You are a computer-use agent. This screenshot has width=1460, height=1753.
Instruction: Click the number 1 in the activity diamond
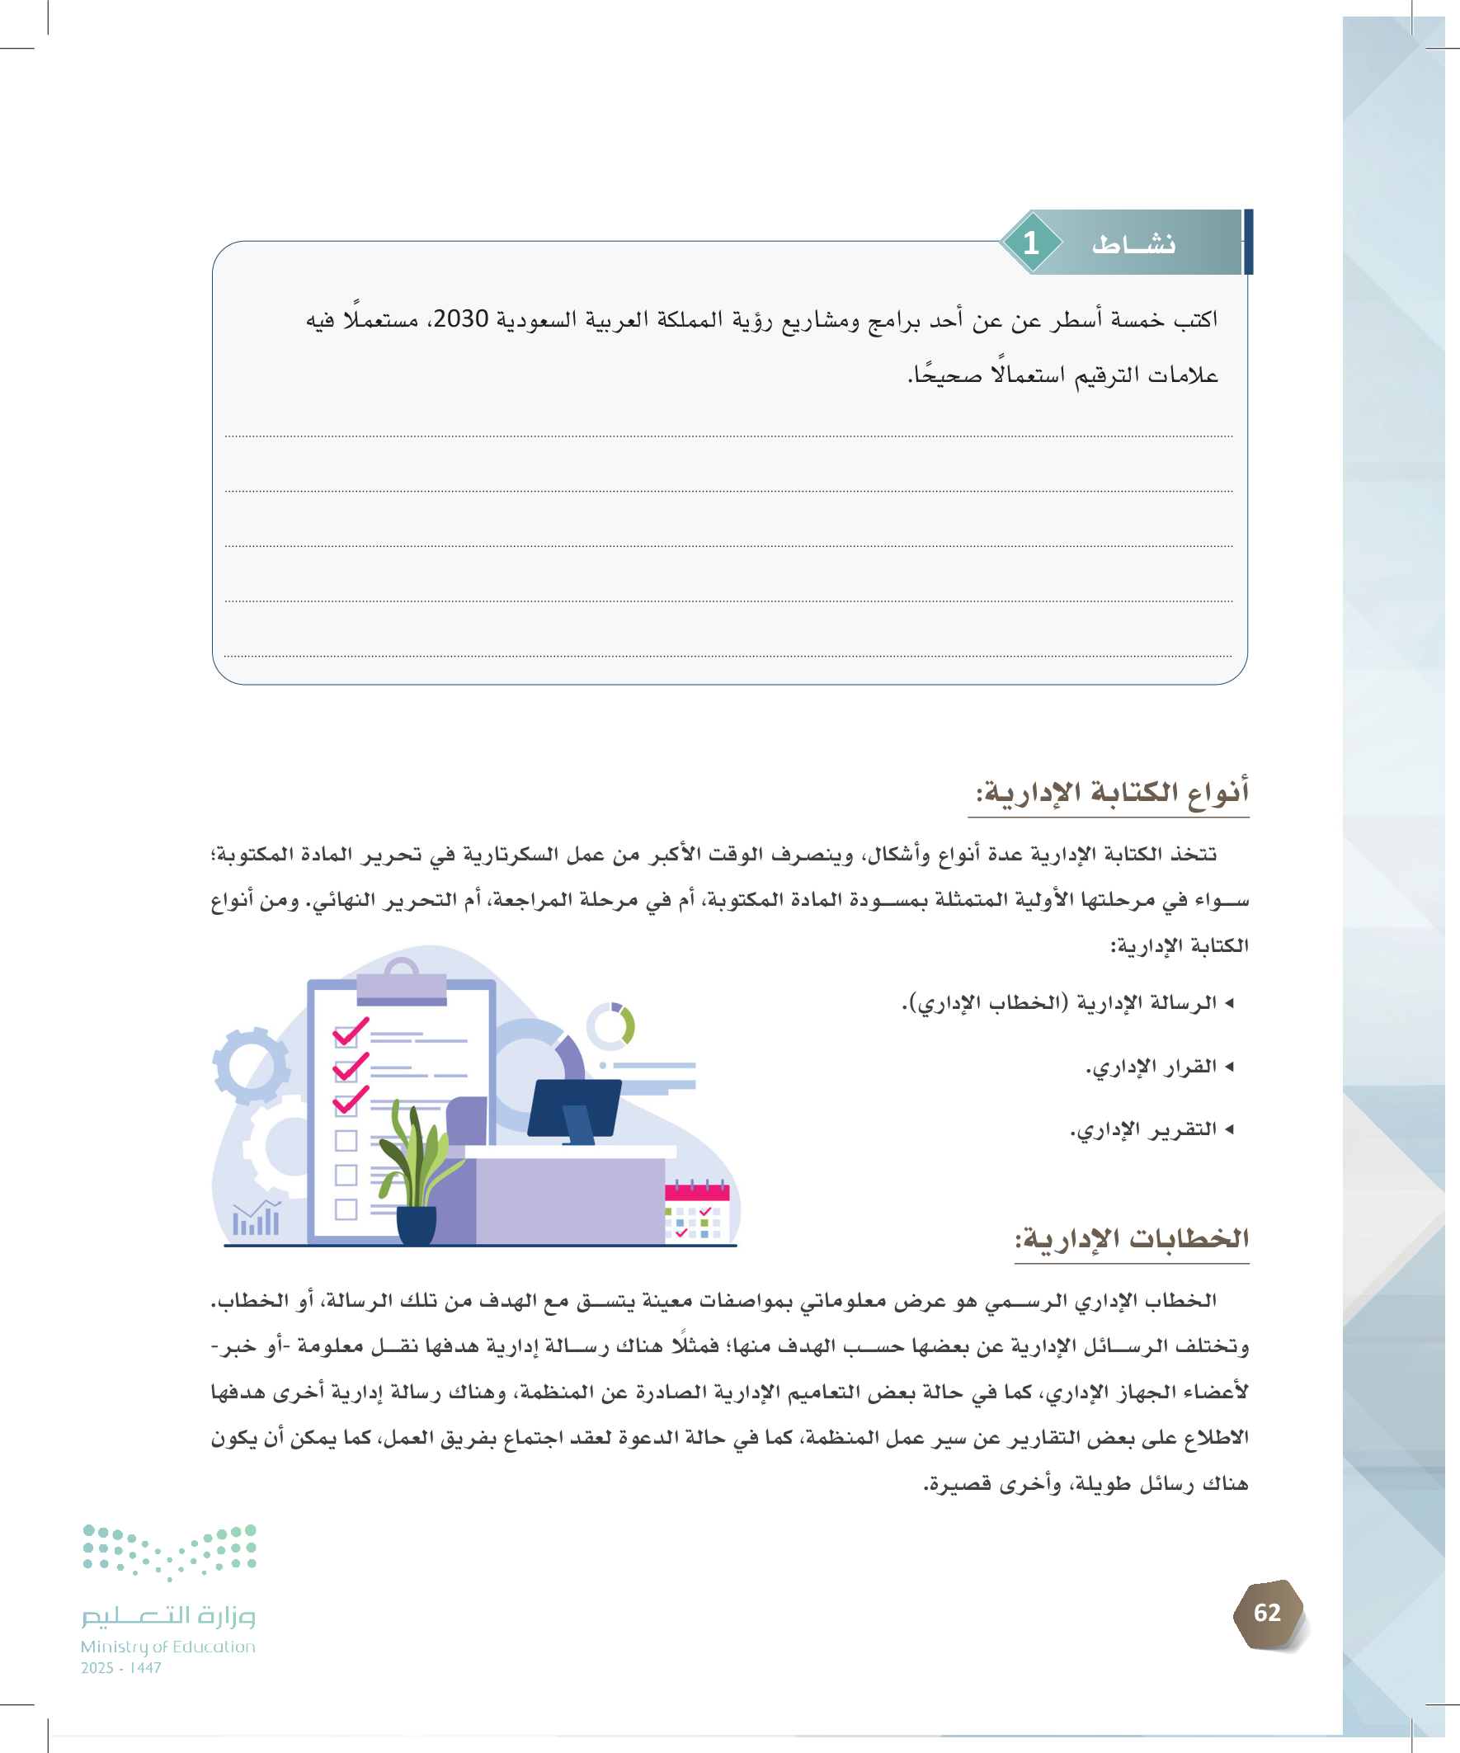pyautogui.click(x=1031, y=243)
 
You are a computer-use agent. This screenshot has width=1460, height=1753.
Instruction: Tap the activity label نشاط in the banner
pyautogui.click(x=1133, y=243)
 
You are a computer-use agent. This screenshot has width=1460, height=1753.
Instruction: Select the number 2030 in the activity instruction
pyautogui.click(x=461, y=319)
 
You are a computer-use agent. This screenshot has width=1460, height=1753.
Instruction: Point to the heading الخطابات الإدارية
pyautogui.click(x=1132, y=1238)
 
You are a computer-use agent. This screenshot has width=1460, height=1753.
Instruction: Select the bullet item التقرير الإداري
pyautogui.click(x=1144, y=1129)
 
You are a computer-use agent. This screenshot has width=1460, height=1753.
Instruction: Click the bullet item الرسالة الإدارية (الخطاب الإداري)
pyautogui.click(x=1060, y=1002)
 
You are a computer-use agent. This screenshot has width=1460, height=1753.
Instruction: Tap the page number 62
pyautogui.click(x=1267, y=1613)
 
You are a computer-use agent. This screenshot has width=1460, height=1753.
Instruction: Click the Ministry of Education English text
pyautogui.click(x=167, y=1647)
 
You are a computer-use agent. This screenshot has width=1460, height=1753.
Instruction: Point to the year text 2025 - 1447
pyautogui.click(x=121, y=1668)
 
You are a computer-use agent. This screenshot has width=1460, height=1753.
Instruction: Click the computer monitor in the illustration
pyautogui.click(x=575, y=1109)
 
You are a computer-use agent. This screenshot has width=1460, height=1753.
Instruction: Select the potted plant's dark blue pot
pyautogui.click(x=416, y=1223)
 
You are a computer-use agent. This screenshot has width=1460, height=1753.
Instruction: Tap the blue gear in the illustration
pyautogui.click(x=251, y=1066)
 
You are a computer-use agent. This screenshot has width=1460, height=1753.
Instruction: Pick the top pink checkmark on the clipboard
pyautogui.click(x=349, y=1033)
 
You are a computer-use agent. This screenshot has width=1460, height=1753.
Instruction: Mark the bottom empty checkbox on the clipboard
pyautogui.click(x=346, y=1209)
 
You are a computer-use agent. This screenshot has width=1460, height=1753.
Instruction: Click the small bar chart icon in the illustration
pyautogui.click(x=257, y=1219)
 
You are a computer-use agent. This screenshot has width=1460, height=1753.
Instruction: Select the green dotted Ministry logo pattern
pyautogui.click(x=169, y=1552)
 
